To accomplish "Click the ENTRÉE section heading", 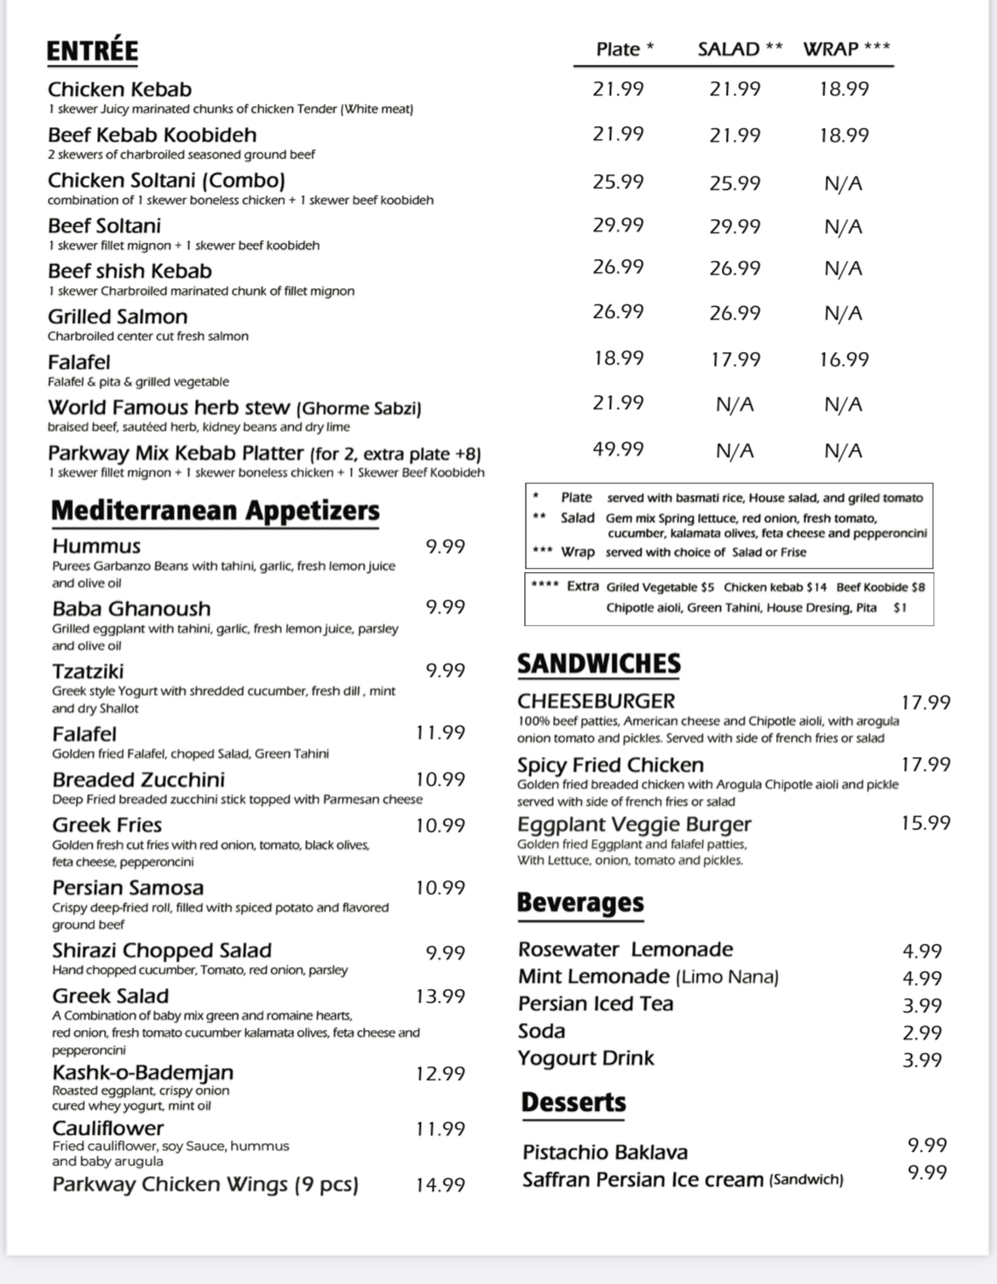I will (x=92, y=51).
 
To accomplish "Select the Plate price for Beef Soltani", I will (x=618, y=225).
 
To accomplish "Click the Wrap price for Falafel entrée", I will (x=844, y=360).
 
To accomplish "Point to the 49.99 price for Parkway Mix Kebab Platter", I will (x=618, y=449).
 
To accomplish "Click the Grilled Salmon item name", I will (x=118, y=317).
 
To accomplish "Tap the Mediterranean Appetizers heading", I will (x=215, y=511).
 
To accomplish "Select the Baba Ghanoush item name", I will (x=131, y=609).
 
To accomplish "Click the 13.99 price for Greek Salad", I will (x=440, y=996).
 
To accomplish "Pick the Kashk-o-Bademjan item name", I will (x=142, y=1073).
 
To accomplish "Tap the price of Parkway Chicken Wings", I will (x=440, y=1185).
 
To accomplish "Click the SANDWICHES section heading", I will (x=599, y=664).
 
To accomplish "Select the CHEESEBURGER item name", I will (x=596, y=702).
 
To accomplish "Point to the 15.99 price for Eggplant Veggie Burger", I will (x=925, y=824).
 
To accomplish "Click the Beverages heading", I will (x=580, y=903).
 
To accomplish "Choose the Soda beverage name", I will (x=541, y=1032).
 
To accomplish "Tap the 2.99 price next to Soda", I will (x=922, y=1033).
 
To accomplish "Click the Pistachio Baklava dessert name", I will (x=605, y=1153).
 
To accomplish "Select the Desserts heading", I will (x=573, y=1102).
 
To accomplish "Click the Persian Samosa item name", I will (x=128, y=888).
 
